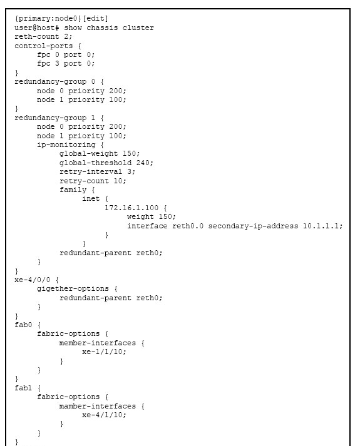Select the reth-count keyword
(37, 37)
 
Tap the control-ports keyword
(44, 46)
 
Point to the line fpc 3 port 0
(66, 64)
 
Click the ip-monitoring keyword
(66, 144)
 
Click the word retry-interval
(91, 172)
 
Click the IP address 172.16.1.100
(131, 208)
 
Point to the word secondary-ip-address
(253, 226)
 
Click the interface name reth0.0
(188, 226)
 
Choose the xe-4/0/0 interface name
(33, 280)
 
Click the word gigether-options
(73, 289)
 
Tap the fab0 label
(23, 325)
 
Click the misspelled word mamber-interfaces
(97, 406)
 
